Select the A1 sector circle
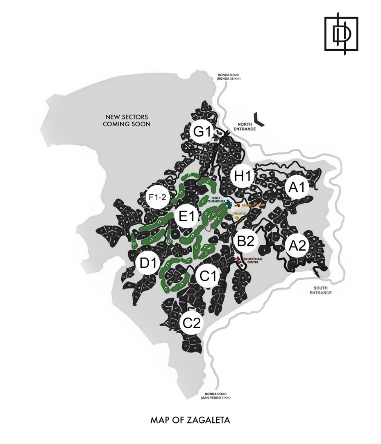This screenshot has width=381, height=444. [297, 188]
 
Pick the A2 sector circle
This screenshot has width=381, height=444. [297, 246]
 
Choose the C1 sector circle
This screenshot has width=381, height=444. [208, 275]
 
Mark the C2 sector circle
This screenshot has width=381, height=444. [191, 323]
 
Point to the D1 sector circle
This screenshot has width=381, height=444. [147, 263]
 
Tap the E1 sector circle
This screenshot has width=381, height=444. [186, 215]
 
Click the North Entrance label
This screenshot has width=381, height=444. [245, 126]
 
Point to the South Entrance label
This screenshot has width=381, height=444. [320, 291]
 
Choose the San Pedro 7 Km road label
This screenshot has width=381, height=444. [215, 395]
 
